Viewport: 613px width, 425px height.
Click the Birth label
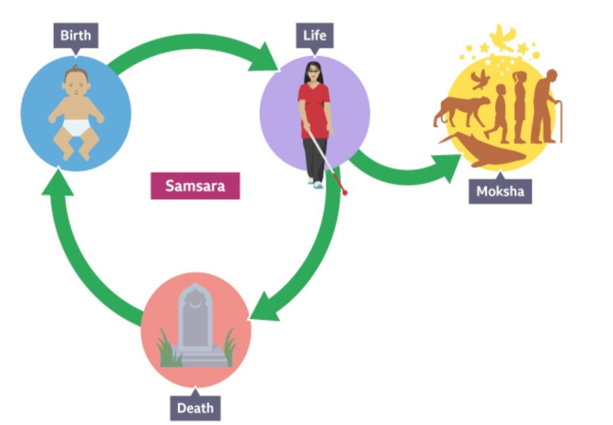pyautogui.click(x=75, y=35)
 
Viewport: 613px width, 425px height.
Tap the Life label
pyautogui.click(x=314, y=35)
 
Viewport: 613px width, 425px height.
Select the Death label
pyautogui.click(x=195, y=408)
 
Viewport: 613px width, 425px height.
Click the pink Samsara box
pyautogui.click(x=195, y=186)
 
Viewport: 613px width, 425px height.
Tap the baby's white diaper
pyautogui.click(x=76, y=126)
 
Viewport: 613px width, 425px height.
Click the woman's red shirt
pyautogui.click(x=314, y=108)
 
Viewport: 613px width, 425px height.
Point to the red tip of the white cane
pyautogui.click(x=344, y=192)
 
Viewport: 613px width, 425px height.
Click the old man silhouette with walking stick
pyautogui.click(x=545, y=108)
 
